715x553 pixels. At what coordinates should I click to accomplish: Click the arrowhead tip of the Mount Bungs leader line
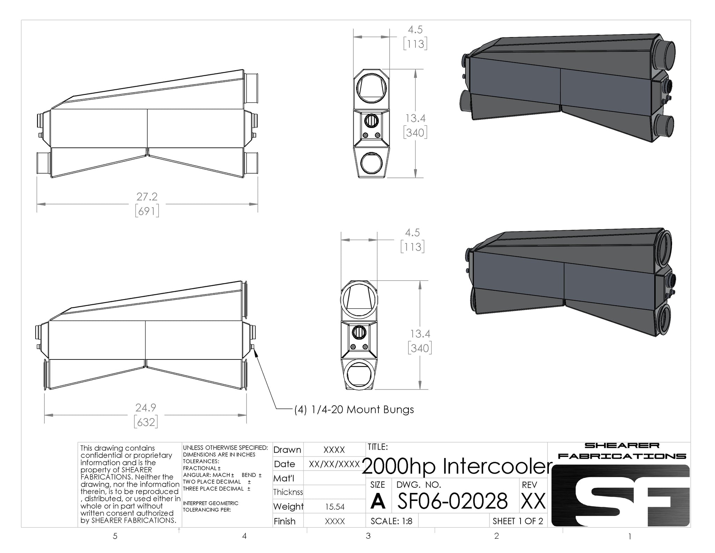coord(255,351)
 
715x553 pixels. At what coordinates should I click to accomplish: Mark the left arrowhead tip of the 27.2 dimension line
coord(37,204)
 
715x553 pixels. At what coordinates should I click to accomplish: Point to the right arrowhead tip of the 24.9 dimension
coord(246,415)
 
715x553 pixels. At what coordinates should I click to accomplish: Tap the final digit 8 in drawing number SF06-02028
coord(501,501)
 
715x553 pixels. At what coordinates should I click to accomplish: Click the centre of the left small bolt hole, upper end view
coord(366,135)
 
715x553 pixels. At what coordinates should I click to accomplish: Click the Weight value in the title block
coord(334,507)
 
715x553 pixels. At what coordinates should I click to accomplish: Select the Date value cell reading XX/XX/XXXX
coord(334,464)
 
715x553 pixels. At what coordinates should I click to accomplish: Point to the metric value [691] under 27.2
coord(147,211)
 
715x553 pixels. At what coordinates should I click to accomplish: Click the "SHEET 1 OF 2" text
coord(518,521)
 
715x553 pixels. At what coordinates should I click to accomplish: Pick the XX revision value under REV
coord(533,501)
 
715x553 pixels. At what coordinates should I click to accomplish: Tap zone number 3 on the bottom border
coord(368,536)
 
